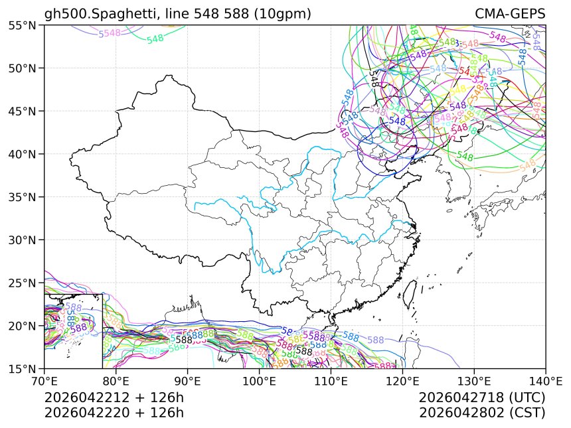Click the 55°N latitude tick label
[x=22, y=25]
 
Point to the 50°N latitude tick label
[x=22, y=68]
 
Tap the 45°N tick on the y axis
[x=22, y=111]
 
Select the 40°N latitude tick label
[x=22, y=154]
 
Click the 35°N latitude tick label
[x=22, y=197]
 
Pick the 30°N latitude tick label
[x=22, y=240]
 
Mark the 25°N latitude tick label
[x=22, y=283]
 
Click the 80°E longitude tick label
[x=116, y=382]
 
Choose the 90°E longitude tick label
[x=188, y=382]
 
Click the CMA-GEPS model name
[x=510, y=14]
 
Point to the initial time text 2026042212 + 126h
[x=114, y=398]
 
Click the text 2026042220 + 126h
[x=114, y=413]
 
